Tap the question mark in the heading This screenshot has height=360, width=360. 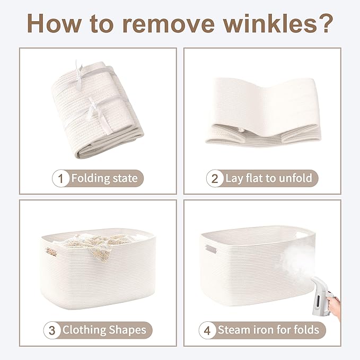(x=324, y=23)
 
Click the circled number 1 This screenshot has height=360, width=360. (x=60, y=178)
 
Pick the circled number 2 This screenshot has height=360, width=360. (x=214, y=178)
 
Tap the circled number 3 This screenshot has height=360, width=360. (x=52, y=330)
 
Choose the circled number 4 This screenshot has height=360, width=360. (x=207, y=330)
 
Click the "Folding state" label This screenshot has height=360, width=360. (x=104, y=178)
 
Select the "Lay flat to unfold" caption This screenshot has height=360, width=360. (x=269, y=178)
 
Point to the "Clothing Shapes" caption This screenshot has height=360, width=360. (x=104, y=330)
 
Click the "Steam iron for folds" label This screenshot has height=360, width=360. (x=268, y=330)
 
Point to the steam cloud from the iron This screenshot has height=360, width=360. (x=298, y=259)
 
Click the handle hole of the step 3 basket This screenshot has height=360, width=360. (x=51, y=252)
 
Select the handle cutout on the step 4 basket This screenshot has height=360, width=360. (x=211, y=249)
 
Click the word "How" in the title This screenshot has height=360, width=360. (x=54, y=23)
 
